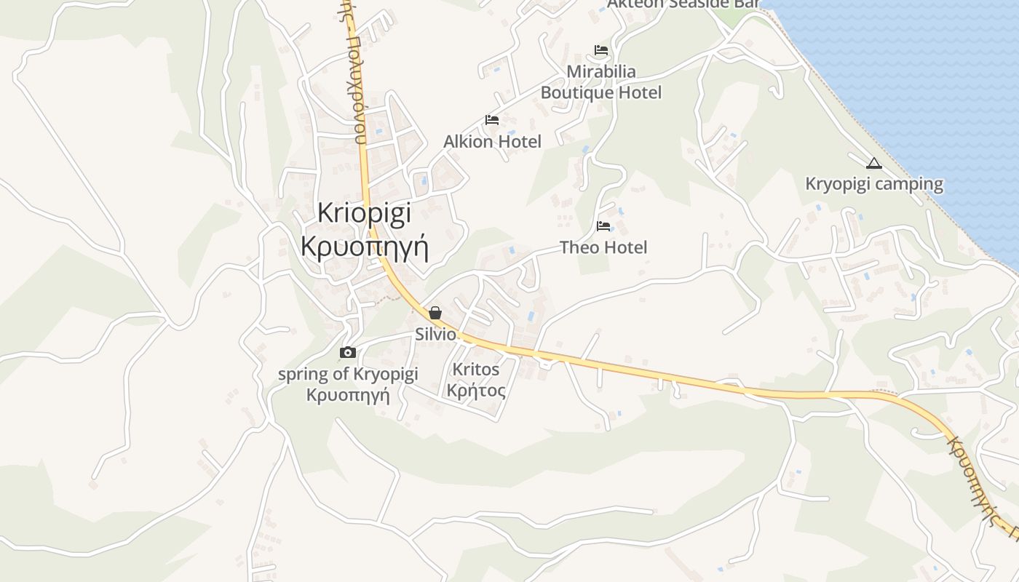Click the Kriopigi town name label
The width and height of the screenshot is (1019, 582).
coord(365,212)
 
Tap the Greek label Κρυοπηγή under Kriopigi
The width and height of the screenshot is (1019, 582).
coord(365,247)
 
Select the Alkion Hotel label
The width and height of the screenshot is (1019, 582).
coord(492,141)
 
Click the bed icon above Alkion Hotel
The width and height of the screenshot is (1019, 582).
coord(492,120)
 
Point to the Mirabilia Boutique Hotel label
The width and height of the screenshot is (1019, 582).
coord(601,82)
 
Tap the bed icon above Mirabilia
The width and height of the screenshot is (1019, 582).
coord(601,50)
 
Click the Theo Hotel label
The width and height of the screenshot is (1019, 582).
coord(603,247)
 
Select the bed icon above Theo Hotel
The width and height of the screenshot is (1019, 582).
coord(603,226)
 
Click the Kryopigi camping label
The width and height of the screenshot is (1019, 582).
coord(874,184)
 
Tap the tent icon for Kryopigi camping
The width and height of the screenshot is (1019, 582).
coord(874,163)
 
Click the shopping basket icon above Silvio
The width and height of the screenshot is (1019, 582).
coord(435,314)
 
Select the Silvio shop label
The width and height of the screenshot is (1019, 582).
coord(435,335)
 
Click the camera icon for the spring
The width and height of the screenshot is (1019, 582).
coord(348,353)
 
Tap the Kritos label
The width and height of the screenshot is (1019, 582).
coord(476,370)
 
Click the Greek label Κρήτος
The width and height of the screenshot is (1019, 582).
coord(476,391)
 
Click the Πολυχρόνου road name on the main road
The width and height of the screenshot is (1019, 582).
coord(354,80)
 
